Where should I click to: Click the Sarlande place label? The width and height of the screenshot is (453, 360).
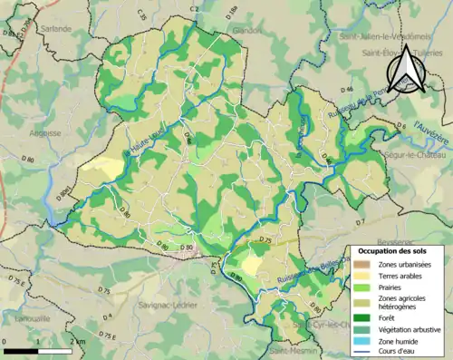(55, 28)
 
